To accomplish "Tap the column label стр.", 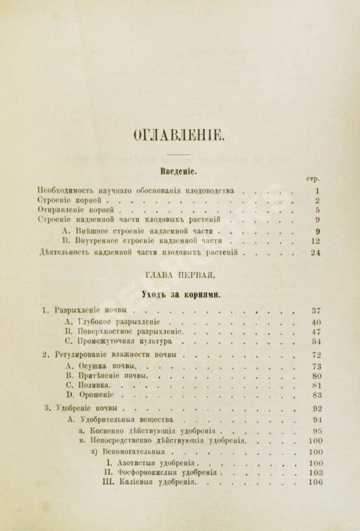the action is point(313,179).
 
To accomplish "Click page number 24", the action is point(315,253).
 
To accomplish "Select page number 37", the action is point(317,310).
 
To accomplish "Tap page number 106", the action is point(316,482).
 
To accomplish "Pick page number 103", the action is point(316,473).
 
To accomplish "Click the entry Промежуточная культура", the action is point(123,341).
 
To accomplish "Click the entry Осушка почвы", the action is point(104,365).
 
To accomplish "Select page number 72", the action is point(317,355).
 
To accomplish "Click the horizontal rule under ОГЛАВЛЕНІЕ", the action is point(178,154).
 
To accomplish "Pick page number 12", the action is point(316,240).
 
